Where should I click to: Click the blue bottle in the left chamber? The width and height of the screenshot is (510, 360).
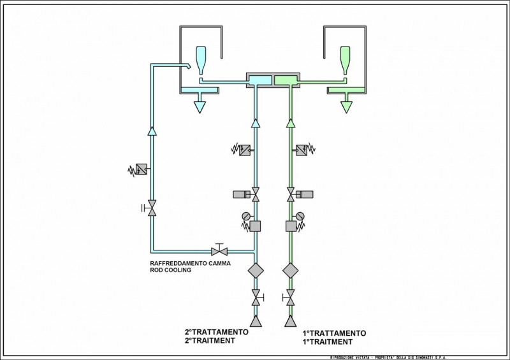coord(201,60)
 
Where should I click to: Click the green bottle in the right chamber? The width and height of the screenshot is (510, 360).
coord(346,60)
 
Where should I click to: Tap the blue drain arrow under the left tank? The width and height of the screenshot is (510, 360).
coord(200,106)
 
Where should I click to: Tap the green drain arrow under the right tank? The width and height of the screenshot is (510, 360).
coord(346,106)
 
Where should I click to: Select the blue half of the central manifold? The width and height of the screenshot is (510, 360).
coord(259,80)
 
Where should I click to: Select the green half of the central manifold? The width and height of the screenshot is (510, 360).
coord(286,80)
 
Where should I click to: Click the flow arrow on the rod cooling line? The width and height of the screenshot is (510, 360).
coord(152,131)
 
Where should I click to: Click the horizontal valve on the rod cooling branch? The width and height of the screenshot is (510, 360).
coord(219,251)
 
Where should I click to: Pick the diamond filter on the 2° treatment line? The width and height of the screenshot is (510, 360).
coord(256,270)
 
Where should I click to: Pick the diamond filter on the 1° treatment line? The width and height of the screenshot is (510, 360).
coord(291,270)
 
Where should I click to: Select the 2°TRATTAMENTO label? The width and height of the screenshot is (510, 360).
coord(217,332)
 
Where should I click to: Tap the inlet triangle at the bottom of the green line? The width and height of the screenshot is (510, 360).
coord(291,320)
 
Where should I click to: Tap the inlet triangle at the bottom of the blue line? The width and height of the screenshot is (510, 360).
coord(256,320)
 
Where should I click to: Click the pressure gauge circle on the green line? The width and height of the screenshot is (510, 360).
coord(300,215)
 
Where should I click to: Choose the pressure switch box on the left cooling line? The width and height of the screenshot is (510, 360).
coord(142,169)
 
